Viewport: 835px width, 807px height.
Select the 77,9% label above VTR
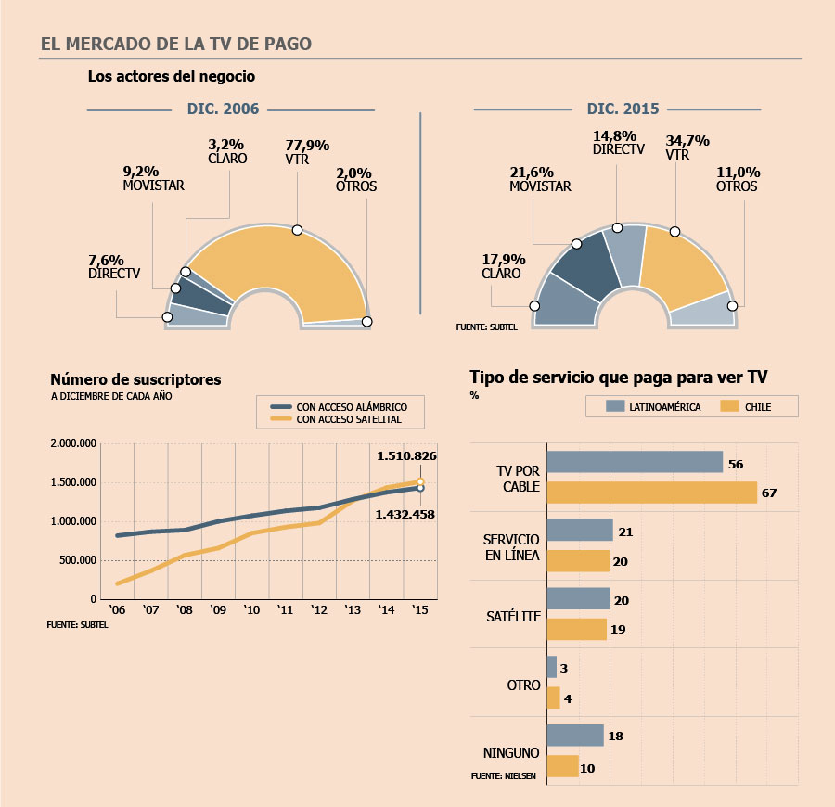pyautogui.click(x=307, y=146)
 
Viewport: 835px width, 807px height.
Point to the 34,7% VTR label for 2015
pyautogui.click(x=687, y=141)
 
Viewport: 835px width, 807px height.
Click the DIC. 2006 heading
pyautogui.click(x=223, y=109)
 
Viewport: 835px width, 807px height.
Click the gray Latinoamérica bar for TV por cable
pyautogui.click(x=635, y=462)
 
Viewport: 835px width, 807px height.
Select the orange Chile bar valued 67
pyautogui.click(x=652, y=493)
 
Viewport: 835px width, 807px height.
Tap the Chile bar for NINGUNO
pyautogui.click(x=563, y=766)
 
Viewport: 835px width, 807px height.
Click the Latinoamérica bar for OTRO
pyautogui.click(x=552, y=667)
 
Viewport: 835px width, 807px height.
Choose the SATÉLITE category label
pyautogui.click(x=512, y=616)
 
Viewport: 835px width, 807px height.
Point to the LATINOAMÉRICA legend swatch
pyautogui.click(x=614, y=406)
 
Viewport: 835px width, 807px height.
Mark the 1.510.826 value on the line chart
pyautogui.click(x=406, y=456)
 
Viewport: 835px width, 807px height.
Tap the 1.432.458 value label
pyautogui.click(x=405, y=514)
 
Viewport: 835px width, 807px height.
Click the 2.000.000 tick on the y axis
pyautogui.click(x=73, y=443)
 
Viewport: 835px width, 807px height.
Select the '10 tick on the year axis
pyautogui.click(x=251, y=611)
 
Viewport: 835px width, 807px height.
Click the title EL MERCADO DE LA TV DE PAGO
pyautogui.click(x=176, y=45)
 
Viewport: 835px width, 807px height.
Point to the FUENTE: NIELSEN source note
pyautogui.click(x=504, y=775)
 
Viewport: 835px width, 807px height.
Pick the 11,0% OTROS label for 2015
pyautogui.click(x=738, y=179)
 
